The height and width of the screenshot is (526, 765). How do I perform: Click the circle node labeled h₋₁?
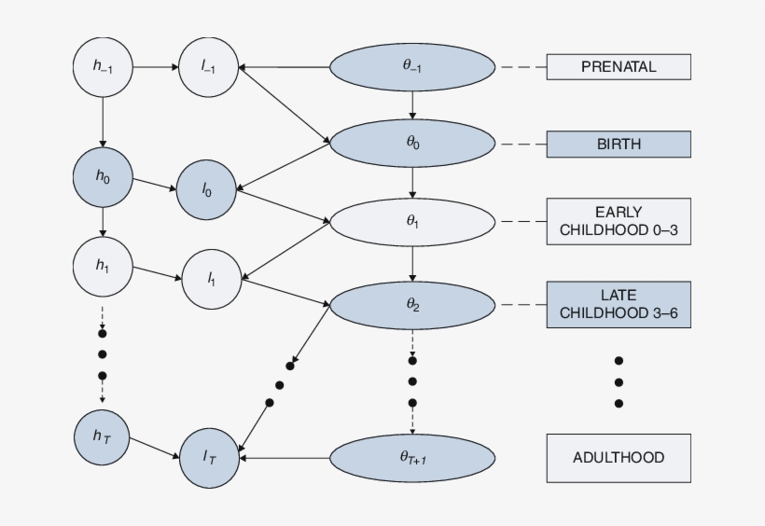tap(103, 66)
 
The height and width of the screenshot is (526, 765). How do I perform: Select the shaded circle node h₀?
tap(103, 176)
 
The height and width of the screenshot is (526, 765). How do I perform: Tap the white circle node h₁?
tap(103, 264)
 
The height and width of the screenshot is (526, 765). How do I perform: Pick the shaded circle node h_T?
tap(103, 436)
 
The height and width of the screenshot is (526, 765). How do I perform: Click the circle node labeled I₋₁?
tap(208, 66)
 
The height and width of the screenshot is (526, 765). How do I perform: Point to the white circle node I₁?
tap(211, 278)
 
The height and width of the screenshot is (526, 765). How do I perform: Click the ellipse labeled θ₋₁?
tap(412, 66)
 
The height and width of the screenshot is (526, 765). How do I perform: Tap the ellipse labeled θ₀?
tap(412, 144)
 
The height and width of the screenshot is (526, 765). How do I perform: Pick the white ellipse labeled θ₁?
tap(412, 222)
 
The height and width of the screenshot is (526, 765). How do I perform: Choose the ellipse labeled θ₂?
tap(412, 305)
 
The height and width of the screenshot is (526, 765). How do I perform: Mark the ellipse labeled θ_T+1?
tap(412, 458)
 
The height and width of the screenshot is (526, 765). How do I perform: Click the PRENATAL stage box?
tap(618, 66)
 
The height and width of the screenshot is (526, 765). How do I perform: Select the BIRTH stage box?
tap(618, 145)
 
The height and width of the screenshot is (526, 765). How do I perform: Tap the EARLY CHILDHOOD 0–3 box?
tap(618, 222)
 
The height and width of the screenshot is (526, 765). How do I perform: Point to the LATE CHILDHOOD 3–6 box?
tap(618, 305)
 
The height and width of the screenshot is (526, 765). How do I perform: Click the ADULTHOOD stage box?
tap(618, 458)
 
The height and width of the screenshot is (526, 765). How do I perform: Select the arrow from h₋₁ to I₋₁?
tap(155, 66)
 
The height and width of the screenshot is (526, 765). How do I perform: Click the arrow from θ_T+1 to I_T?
tap(285, 458)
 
